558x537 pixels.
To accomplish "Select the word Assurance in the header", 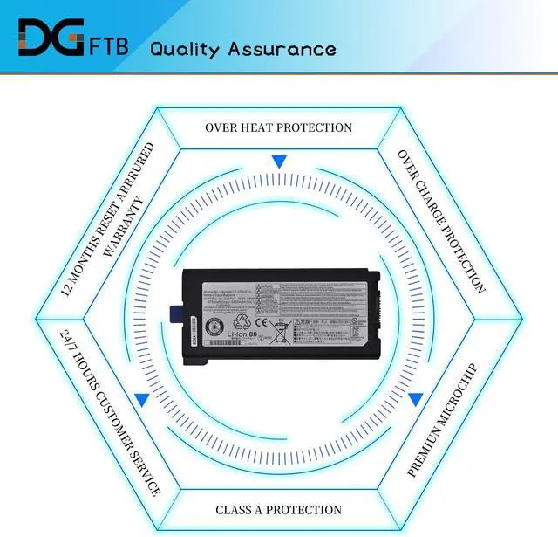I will point(282,48).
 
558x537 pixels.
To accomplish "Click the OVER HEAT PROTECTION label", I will point(278,127).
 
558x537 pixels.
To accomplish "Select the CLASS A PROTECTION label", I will point(278,509).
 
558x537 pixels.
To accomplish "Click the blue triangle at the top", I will point(278,162).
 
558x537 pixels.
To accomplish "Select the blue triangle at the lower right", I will point(416,400).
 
